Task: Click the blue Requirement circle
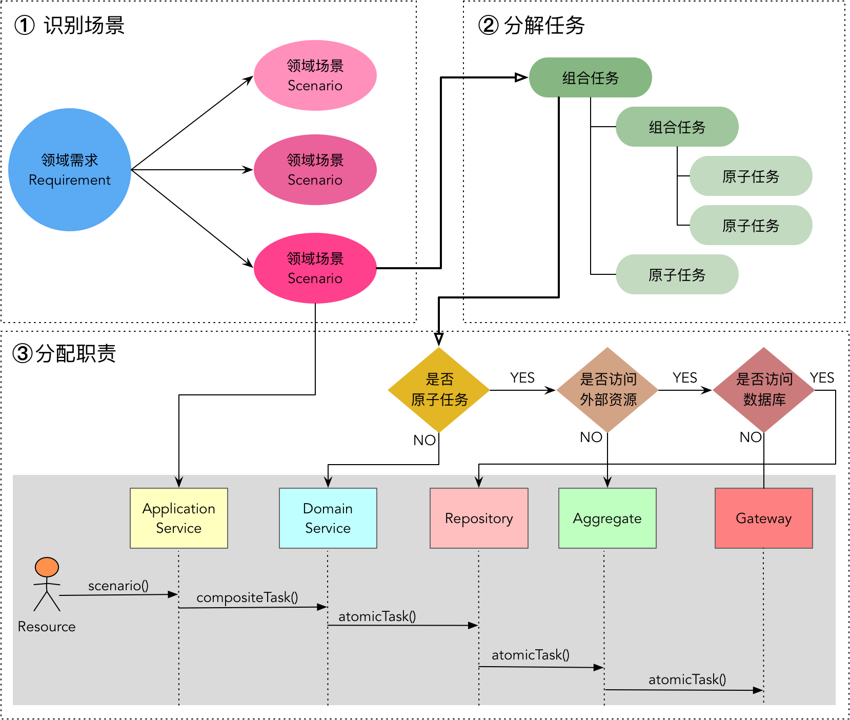[70, 169]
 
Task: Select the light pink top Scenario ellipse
[315, 75]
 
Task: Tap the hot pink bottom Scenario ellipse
[315, 268]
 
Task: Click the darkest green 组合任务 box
[590, 77]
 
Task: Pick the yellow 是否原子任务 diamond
[439, 390]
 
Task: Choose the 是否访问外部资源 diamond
[608, 390]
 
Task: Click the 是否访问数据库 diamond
[764, 390]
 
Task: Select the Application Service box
[178, 518]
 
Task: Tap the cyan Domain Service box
[328, 518]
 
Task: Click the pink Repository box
[479, 518]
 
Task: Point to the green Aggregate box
[607, 518]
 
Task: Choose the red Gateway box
[763, 518]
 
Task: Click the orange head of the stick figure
[47, 567]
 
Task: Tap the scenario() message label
[118, 586]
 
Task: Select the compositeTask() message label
[247, 597]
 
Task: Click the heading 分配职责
[76, 353]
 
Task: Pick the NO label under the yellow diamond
[424, 440]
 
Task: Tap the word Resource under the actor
[47, 627]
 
